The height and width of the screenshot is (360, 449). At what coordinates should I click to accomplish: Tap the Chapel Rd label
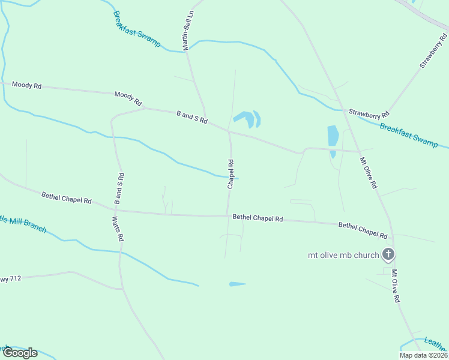tap(231, 174)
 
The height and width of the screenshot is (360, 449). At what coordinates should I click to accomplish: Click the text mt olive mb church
tap(343, 255)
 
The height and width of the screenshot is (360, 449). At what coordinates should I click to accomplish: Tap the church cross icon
tap(388, 254)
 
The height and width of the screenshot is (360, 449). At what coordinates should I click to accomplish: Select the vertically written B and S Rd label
tap(118, 189)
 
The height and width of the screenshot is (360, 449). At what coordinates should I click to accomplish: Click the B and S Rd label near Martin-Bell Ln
tap(191, 116)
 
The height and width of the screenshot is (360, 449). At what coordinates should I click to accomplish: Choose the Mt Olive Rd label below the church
tap(396, 286)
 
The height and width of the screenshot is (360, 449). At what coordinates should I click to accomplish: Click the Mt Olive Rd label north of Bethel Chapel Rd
tap(368, 173)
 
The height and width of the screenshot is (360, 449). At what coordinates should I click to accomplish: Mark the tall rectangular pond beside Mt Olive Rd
tap(333, 136)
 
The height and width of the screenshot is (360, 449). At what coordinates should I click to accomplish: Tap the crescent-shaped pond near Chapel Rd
tap(258, 119)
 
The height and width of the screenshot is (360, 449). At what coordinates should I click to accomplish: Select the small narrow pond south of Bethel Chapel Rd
tap(237, 284)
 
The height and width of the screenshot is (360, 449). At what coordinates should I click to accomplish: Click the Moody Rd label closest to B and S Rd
tap(127, 98)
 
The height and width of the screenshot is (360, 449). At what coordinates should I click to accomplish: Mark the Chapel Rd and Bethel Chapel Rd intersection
tap(228, 216)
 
